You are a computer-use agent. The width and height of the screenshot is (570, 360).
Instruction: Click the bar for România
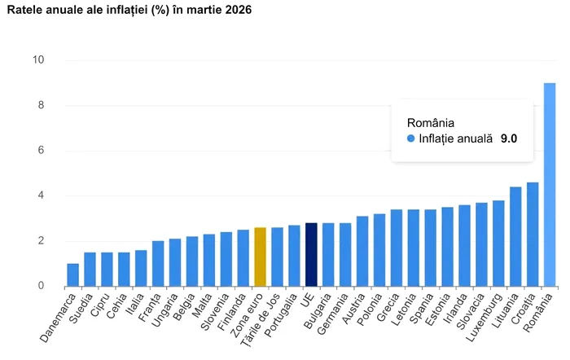point(550,185)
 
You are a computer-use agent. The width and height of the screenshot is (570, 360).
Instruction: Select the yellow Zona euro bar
point(260,257)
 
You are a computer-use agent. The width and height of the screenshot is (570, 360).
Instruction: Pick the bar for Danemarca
point(73,275)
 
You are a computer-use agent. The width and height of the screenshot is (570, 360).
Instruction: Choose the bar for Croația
point(533,235)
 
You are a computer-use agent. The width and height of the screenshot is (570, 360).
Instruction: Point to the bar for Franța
point(158,264)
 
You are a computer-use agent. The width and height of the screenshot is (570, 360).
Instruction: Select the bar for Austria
point(362,252)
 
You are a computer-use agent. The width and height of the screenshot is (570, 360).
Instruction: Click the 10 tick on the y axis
point(38,60)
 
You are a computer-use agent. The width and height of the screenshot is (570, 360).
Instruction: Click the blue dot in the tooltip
point(411,139)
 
